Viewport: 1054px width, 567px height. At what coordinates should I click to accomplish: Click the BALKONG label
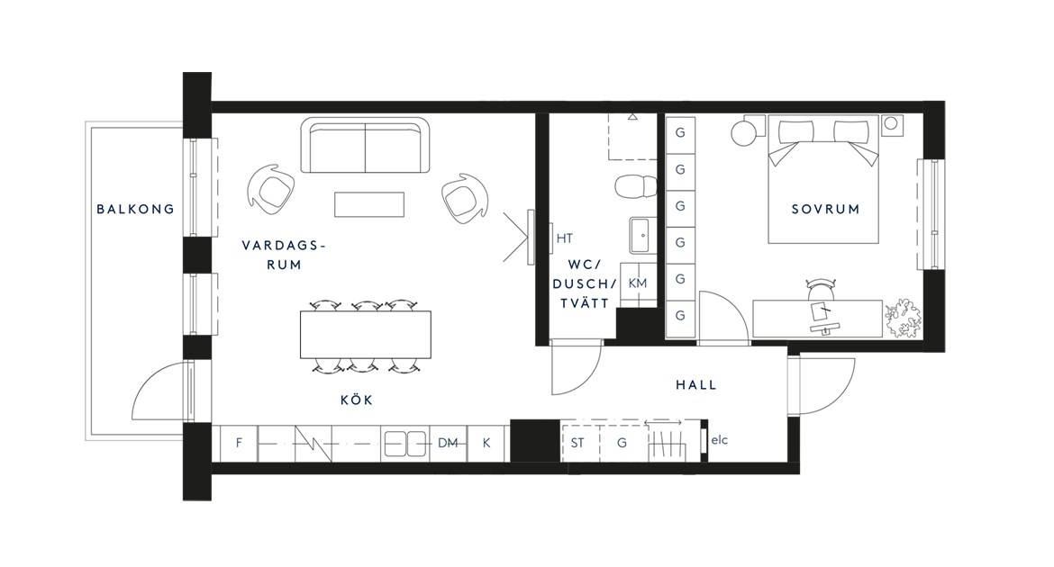[135, 209]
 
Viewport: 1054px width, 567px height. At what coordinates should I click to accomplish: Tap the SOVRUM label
[825, 209]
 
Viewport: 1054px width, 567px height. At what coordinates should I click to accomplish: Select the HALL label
[695, 385]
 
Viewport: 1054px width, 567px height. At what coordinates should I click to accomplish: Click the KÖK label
[356, 400]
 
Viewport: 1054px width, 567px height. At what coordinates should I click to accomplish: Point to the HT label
[565, 238]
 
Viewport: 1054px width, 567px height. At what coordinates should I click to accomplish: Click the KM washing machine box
[637, 283]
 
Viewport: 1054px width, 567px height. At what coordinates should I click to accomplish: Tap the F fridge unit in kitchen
[240, 444]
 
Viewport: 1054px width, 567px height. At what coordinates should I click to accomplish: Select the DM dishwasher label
[448, 444]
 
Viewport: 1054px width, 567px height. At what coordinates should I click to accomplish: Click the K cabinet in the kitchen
[486, 444]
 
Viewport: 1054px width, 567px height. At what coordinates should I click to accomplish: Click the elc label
[719, 441]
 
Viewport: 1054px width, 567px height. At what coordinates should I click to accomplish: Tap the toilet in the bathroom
[636, 187]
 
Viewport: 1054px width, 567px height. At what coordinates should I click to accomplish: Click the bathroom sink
[642, 235]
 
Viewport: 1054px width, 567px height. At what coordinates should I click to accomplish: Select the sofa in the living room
[365, 145]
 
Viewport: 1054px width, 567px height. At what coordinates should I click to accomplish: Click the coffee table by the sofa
[369, 204]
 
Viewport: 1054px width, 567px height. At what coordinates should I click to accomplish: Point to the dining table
[366, 335]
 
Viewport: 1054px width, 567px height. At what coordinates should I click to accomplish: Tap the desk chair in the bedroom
[820, 290]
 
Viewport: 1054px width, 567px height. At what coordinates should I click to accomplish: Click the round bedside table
[744, 132]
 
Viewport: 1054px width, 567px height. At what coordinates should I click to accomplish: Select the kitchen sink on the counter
[405, 444]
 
